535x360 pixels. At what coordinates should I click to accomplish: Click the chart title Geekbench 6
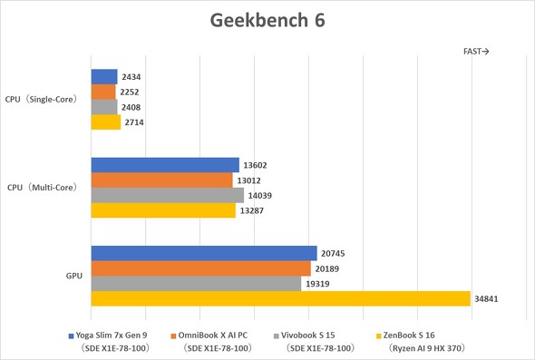pyautogui.click(x=267, y=20)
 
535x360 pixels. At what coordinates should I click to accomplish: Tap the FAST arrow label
pyautogui.click(x=476, y=52)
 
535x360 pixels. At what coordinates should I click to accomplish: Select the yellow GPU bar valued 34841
pyautogui.click(x=280, y=298)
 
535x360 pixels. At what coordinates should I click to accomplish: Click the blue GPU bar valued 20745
pyautogui.click(x=204, y=253)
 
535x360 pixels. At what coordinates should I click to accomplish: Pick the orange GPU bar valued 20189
pyautogui.click(x=201, y=268)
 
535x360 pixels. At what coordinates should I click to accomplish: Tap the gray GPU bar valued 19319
pyautogui.click(x=196, y=284)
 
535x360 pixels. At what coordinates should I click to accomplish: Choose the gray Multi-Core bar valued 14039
pyautogui.click(x=168, y=195)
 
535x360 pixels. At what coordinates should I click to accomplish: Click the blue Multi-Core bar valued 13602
pyautogui.click(x=165, y=165)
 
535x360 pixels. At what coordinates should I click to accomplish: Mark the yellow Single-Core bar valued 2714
pyautogui.click(x=106, y=122)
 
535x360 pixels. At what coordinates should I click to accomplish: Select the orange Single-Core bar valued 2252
pyautogui.click(x=103, y=92)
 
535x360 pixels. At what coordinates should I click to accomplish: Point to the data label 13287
pyautogui.click(x=251, y=210)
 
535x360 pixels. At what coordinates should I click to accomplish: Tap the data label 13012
pyautogui.click(x=249, y=180)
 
